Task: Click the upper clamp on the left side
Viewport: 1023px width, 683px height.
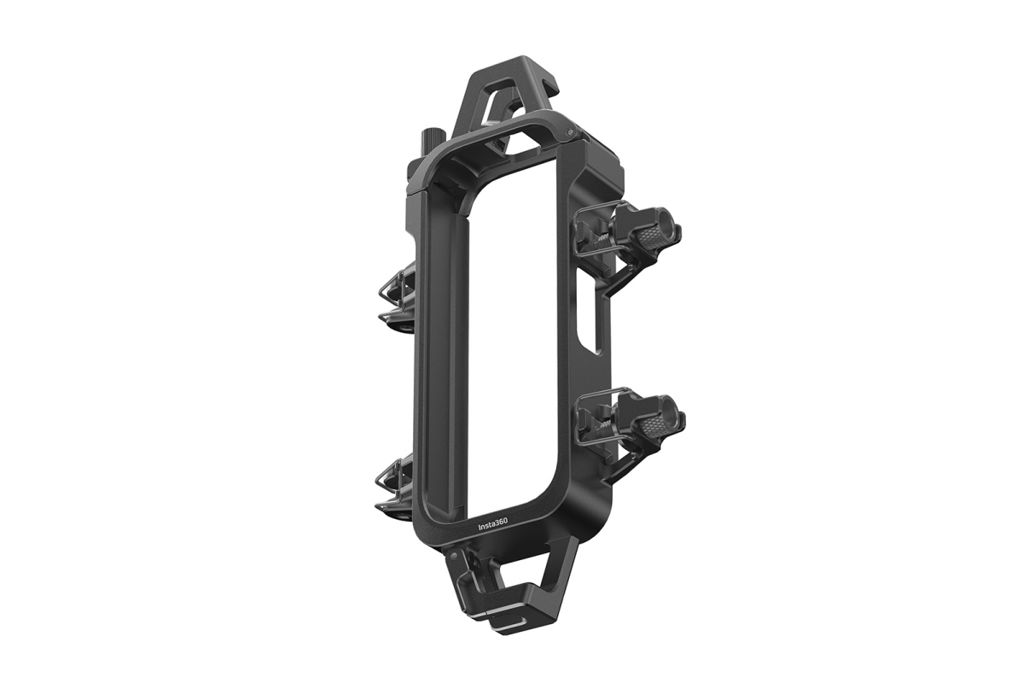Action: pos(394,295)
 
